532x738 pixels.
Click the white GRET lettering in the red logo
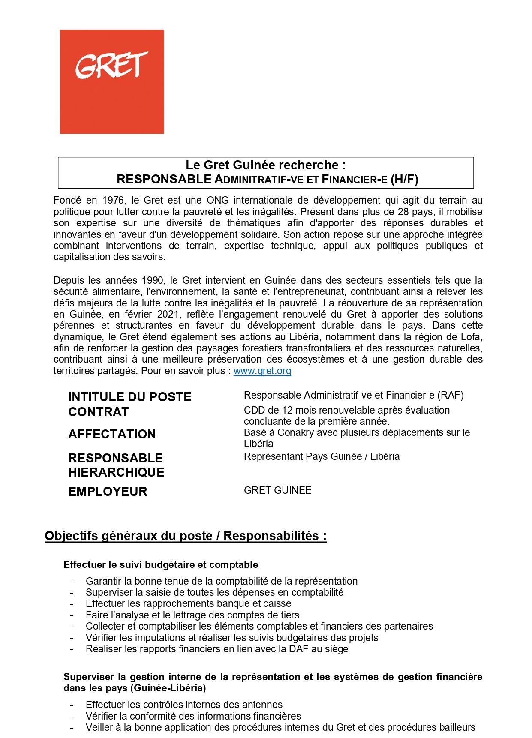tap(111, 66)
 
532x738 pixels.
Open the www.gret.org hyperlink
tap(262, 371)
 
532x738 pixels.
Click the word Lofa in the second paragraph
tap(470, 337)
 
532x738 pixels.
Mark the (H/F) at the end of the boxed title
tap(404, 179)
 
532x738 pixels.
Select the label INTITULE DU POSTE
tap(129, 397)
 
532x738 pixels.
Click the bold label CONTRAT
tap(98, 412)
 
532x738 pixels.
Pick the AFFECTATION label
tap(111, 434)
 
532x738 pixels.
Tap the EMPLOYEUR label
tap(108, 492)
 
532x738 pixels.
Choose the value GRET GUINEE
tap(277, 490)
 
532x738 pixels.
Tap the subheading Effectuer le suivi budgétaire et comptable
tap(161, 564)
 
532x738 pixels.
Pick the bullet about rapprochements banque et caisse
tap(188, 603)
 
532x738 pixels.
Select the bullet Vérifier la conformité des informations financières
tap(193, 716)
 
